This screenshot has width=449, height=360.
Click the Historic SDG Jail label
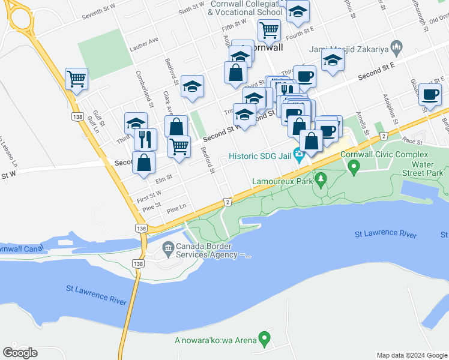coord(260,157)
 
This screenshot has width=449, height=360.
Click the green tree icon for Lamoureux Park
coord(321,179)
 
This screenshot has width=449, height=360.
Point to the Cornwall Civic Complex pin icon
coord(354,166)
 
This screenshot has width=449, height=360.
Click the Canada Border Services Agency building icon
coord(168,246)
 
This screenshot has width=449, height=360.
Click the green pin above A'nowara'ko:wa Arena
coord(264,340)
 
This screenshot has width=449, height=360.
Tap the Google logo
coord(20,353)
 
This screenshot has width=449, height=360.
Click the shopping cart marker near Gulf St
coord(77,78)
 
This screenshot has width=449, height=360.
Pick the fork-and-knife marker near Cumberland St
coord(146,139)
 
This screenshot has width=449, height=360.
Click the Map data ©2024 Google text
coord(412,355)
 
